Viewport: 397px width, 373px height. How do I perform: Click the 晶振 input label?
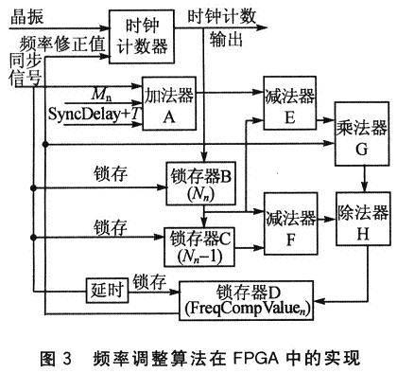pos(25,14)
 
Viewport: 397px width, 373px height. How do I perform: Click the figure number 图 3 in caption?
pos(59,359)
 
